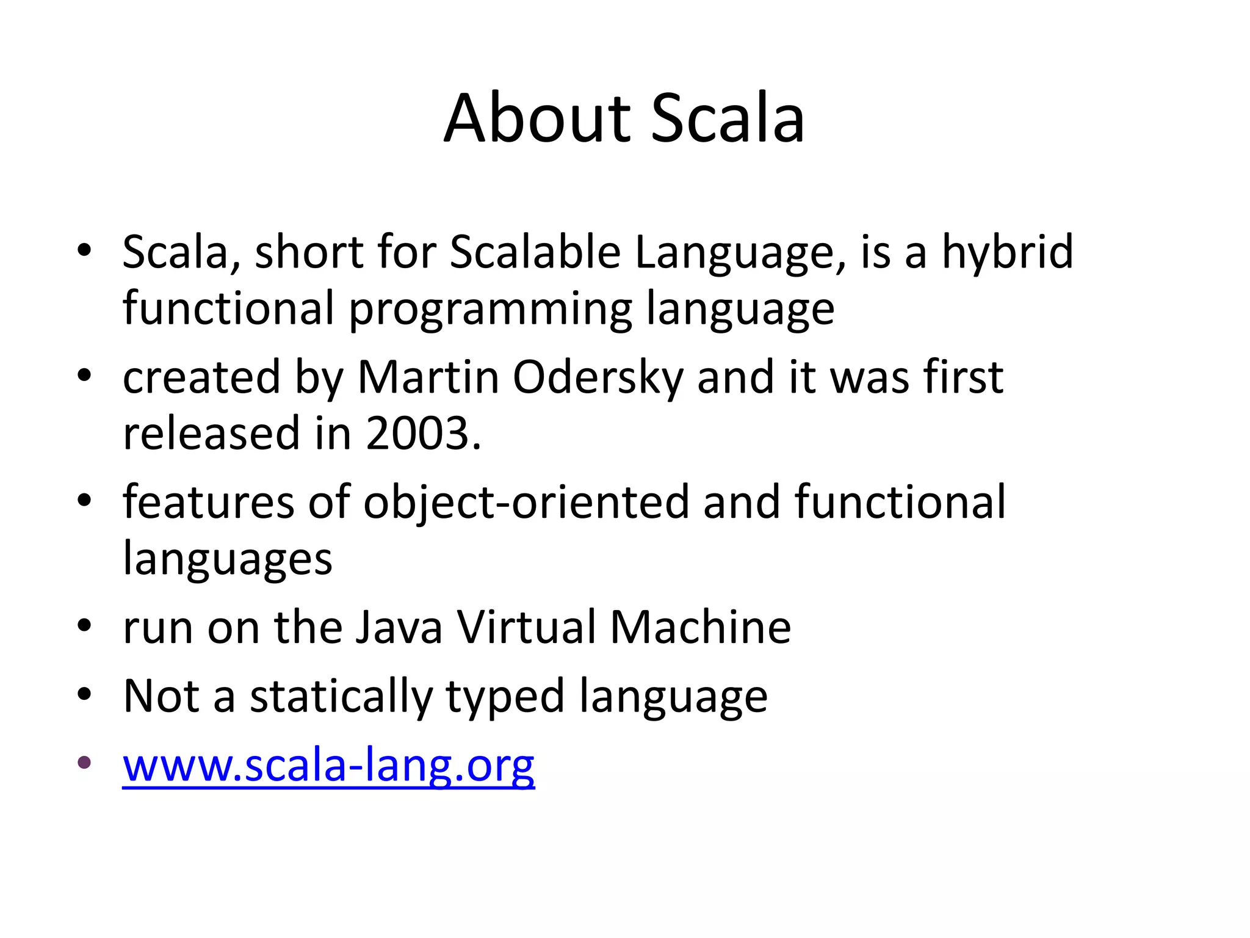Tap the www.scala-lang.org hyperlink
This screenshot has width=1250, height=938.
coord(328,765)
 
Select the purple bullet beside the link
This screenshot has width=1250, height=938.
coord(84,762)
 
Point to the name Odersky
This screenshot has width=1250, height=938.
coord(598,377)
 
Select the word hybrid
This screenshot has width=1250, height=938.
coord(1008,252)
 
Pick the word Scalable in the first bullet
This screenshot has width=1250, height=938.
coord(535,252)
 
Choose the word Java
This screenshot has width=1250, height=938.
coord(399,628)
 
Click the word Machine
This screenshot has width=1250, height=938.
coord(700,628)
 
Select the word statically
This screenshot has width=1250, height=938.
coord(341,697)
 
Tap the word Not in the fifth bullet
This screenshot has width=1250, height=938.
coord(161,696)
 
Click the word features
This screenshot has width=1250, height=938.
coord(208,502)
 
